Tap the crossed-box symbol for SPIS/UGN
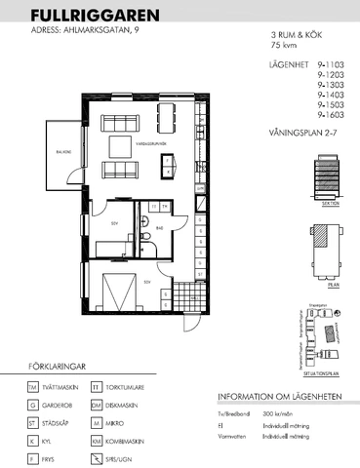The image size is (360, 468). pos(96,457)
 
